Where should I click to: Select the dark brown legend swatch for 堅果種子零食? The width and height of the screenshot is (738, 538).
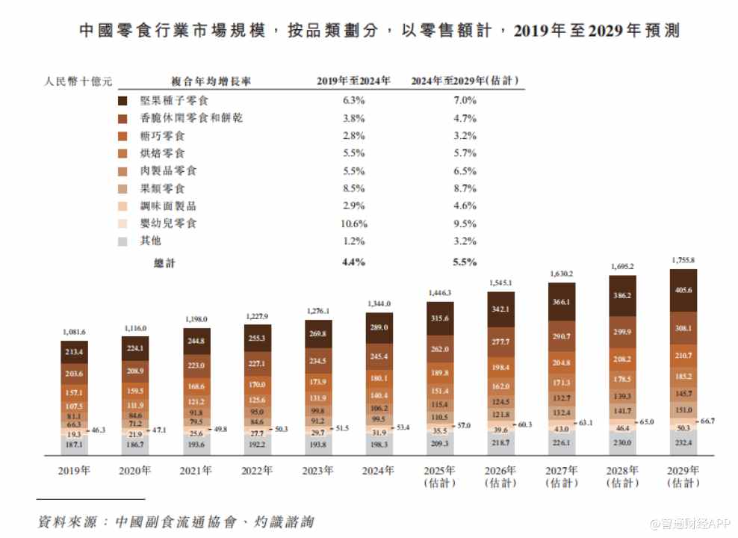pos(123,100)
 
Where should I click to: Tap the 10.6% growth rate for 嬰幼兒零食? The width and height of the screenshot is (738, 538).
pos(353,223)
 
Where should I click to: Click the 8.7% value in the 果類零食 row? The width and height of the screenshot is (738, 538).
pos(464,188)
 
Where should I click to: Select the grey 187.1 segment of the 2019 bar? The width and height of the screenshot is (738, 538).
pos(73,444)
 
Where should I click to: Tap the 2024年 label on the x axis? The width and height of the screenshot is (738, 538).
pos(379,471)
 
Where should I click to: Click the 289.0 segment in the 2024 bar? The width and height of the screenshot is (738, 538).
pos(379,327)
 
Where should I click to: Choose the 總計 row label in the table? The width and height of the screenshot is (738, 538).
pos(164,262)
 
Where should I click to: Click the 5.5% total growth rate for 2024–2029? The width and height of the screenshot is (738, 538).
pos(464,262)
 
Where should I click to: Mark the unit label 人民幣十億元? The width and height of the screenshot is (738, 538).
pos(78,81)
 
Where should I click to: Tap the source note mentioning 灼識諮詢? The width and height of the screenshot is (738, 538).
pos(176,521)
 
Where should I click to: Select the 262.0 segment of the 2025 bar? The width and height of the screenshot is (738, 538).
pos(440,349)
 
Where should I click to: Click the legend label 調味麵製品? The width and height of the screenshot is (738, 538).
pos(168,206)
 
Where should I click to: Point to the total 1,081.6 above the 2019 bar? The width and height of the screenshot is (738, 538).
pos(73,332)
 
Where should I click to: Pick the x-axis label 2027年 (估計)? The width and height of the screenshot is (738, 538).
pos(562,477)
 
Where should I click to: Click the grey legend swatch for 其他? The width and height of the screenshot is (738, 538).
pos(123,241)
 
